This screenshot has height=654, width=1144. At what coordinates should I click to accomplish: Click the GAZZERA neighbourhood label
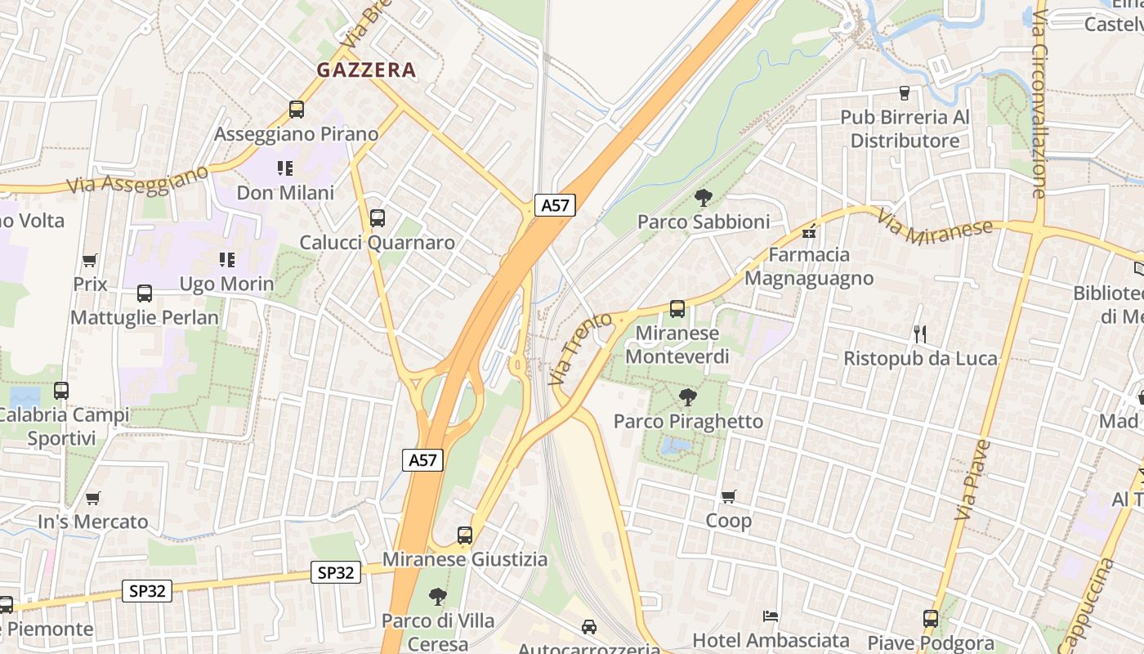(x=366, y=70)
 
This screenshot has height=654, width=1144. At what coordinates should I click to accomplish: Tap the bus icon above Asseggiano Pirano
(x=297, y=110)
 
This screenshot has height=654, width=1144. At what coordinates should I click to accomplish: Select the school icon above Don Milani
(x=285, y=168)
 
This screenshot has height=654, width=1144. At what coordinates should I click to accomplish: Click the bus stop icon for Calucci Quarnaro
(x=377, y=218)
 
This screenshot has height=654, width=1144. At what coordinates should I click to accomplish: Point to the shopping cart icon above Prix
(x=90, y=261)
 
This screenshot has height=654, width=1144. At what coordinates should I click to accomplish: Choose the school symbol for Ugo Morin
(x=226, y=260)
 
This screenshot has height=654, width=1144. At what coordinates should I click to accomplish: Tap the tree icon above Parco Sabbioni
(x=703, y=198)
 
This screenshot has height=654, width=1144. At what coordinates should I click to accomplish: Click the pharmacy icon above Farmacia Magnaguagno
(x=809, y=232)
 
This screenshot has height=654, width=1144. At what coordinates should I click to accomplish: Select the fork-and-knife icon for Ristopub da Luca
(x=920, y=334)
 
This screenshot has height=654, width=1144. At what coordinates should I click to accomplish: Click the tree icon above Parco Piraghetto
(x=688, y=398)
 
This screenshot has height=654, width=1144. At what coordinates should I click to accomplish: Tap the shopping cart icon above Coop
(x=728, y=496)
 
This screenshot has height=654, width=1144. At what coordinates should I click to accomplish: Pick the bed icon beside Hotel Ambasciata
(x=770, y=616)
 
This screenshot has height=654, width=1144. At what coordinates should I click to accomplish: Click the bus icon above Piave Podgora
(x=931, y=619)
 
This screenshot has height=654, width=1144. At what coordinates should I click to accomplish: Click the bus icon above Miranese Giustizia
(x=465, y=535)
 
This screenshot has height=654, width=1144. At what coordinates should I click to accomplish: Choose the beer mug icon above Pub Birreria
(x=905, y=93)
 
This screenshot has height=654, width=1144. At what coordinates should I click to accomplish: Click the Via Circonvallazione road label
(x=1039, y=104)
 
